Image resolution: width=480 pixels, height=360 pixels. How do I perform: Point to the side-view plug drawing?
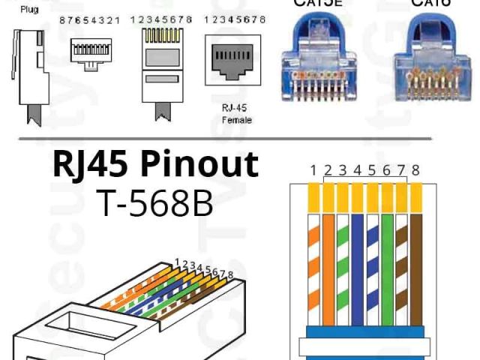29,71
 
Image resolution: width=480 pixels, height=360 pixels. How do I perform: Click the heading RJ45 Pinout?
155,164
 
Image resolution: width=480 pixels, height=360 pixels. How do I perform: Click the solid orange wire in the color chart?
328,262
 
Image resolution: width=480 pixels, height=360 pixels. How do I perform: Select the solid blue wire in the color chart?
358,262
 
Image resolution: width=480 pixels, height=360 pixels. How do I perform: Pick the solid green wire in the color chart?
387,262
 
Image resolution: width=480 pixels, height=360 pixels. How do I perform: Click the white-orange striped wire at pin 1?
313,262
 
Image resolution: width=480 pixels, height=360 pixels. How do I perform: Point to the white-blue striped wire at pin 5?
373,262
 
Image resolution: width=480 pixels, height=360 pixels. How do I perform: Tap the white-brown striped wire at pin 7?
401,262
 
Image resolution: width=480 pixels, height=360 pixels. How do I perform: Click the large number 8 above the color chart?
415,170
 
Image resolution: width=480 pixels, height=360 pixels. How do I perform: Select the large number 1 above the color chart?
313,170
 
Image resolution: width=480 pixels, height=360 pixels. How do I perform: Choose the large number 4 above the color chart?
358,170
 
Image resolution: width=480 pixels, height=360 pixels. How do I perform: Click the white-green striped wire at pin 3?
343,262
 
